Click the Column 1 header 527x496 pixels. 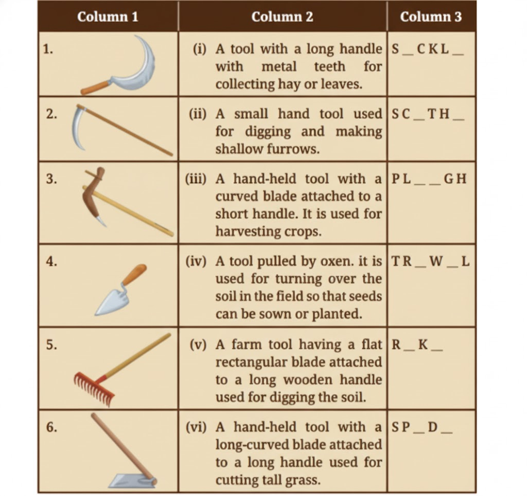[x=108, y=17]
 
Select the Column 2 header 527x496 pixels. [x=282, y=17]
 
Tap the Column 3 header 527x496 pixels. [x=431, y=17]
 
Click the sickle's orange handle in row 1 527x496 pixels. [x=96, y=88]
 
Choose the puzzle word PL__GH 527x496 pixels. [x=429, y=179]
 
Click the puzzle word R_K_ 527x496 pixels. [x=417, y=344]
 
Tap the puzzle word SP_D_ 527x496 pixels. [x=422, y=427]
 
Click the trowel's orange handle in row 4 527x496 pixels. [x=135, y=274]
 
